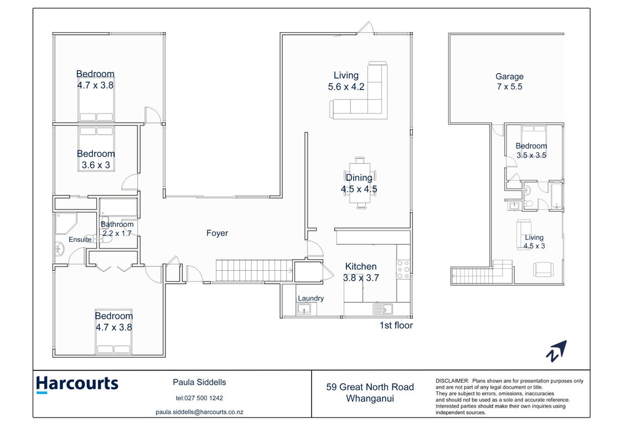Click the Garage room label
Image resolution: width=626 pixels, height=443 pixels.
pos(509,76)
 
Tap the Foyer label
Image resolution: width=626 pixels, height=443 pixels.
pos(217,233)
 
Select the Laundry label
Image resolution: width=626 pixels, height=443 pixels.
pos(311,298)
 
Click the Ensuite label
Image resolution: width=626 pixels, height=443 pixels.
pos(80,239)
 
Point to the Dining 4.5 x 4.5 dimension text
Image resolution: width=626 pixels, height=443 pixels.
pos(359,189)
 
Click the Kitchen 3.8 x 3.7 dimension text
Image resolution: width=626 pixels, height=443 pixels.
pos(361,277)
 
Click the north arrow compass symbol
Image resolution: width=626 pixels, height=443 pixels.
pos(556,351)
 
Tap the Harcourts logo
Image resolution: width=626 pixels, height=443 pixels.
pos(77,384)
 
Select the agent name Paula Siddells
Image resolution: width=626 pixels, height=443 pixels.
pos(199,382)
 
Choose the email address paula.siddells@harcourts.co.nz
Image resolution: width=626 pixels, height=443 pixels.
pos(199,412)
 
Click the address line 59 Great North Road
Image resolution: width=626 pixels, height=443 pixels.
pos(370,387)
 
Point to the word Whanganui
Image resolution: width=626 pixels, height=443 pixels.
pos(370,398)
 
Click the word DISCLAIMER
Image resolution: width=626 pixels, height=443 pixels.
pos(452,381)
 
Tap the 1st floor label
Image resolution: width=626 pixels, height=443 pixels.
pos(396,326)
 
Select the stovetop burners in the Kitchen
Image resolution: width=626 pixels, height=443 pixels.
pos(403,269)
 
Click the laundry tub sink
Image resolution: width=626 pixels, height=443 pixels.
pos(304,309)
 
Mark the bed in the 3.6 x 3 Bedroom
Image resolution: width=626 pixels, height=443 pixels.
pos(96,148)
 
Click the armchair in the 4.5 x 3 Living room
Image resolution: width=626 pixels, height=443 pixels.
pos(544,269)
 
